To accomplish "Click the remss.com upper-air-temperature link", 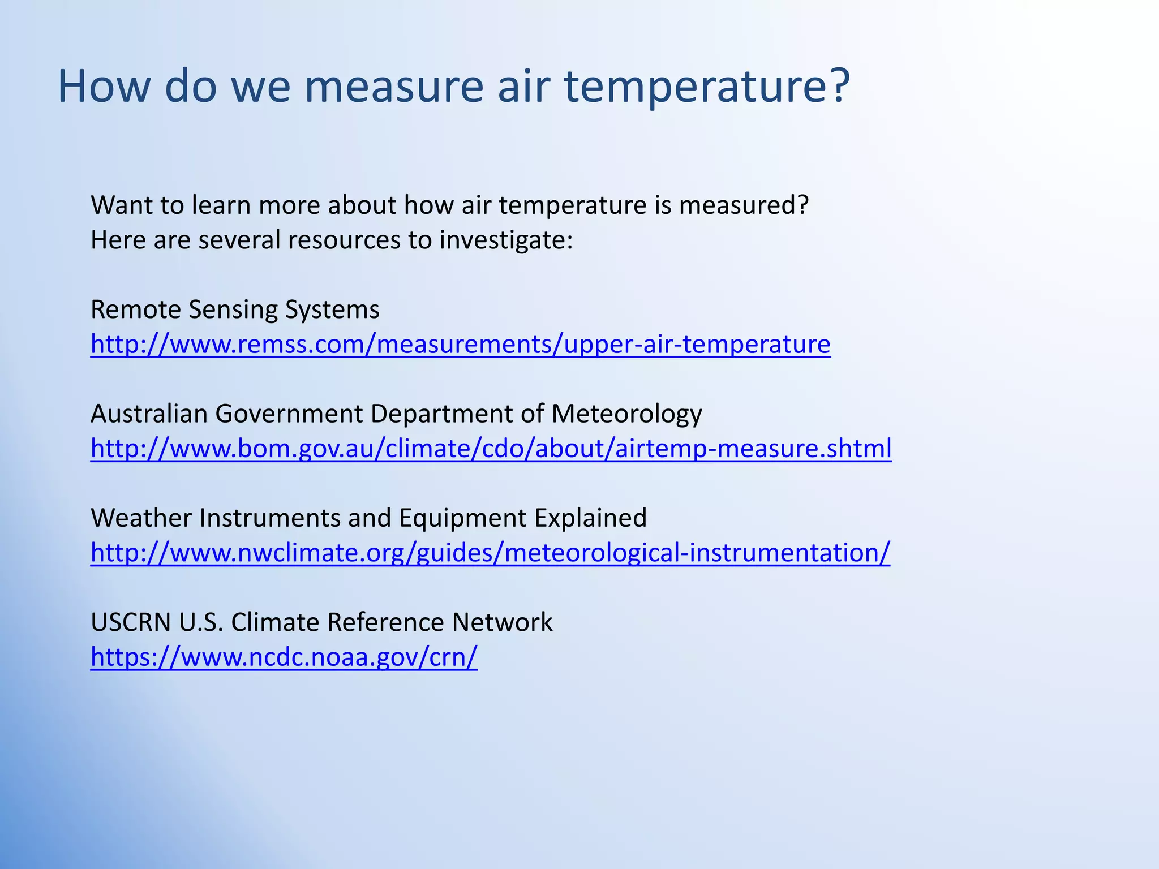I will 460,344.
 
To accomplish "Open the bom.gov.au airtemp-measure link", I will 491,448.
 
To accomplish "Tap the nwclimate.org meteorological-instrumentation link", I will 490,552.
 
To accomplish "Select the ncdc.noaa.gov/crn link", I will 284,656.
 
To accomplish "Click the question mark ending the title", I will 837,86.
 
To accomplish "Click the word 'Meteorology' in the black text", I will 626,414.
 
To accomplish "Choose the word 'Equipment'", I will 462,518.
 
